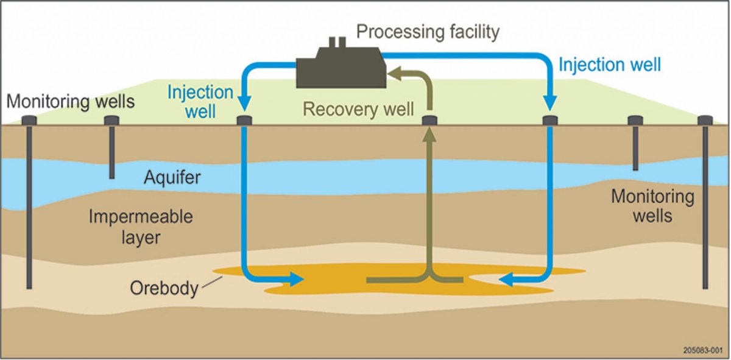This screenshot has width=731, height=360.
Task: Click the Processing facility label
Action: pos(428,32)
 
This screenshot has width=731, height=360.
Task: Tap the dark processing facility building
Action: pos(341,68)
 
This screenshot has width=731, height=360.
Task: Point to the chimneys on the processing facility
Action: pos(337,42)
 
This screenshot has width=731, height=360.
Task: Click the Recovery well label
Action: pos(358,109)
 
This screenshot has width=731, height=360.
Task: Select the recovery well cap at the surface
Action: pos(429,121)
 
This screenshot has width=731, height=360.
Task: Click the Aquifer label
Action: pos(172,178)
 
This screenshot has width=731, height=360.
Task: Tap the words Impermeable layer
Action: pos(141,227)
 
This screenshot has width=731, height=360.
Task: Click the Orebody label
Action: pos(164,288)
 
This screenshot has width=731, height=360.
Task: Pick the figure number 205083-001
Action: pos(703,350)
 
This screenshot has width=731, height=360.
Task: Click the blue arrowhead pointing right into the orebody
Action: pos(296,279)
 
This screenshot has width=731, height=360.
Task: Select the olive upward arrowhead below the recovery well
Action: pos(429,134)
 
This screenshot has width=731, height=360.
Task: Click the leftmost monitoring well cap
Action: pos(29,120)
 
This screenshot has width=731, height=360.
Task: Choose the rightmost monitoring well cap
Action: pos(705,120)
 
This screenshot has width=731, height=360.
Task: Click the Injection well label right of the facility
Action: pos(610,65)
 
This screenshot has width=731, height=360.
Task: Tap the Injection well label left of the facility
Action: pos(200,102)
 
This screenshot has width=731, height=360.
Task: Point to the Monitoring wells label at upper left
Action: pos(71,101)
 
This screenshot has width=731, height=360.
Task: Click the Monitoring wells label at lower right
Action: pos(652,206)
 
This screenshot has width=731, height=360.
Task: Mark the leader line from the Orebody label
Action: pos(212,282)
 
